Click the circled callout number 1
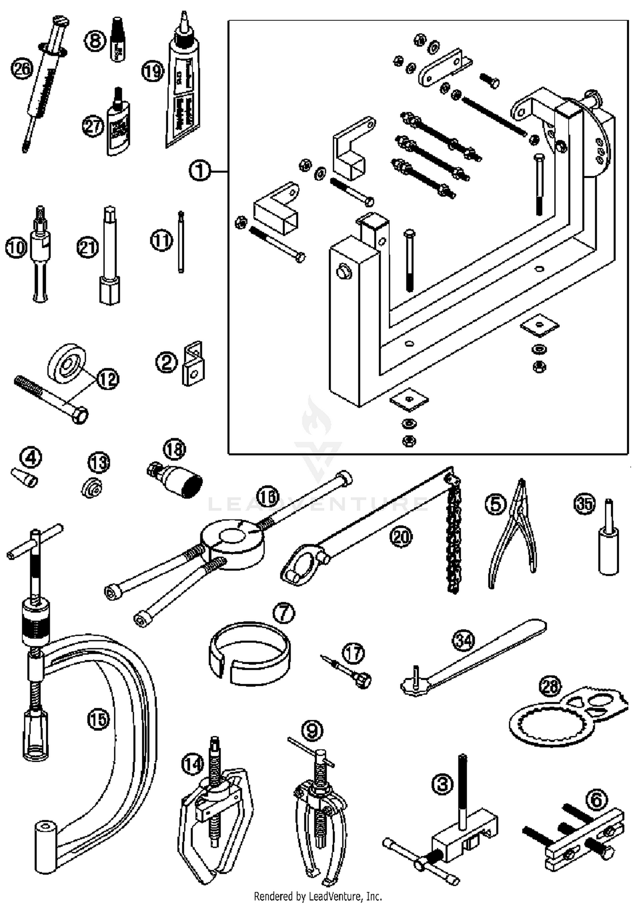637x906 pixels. [x=200, y=171]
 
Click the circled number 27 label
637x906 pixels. [x=93, y=126]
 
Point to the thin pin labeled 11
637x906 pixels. [x=181, y=242]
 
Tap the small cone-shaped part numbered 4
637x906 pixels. [x=25, y=479]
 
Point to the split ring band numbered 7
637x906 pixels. [x=251, y=654]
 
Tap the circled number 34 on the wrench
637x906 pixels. [x=464, y=640]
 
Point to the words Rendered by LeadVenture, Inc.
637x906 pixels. [x=318, y=896]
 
